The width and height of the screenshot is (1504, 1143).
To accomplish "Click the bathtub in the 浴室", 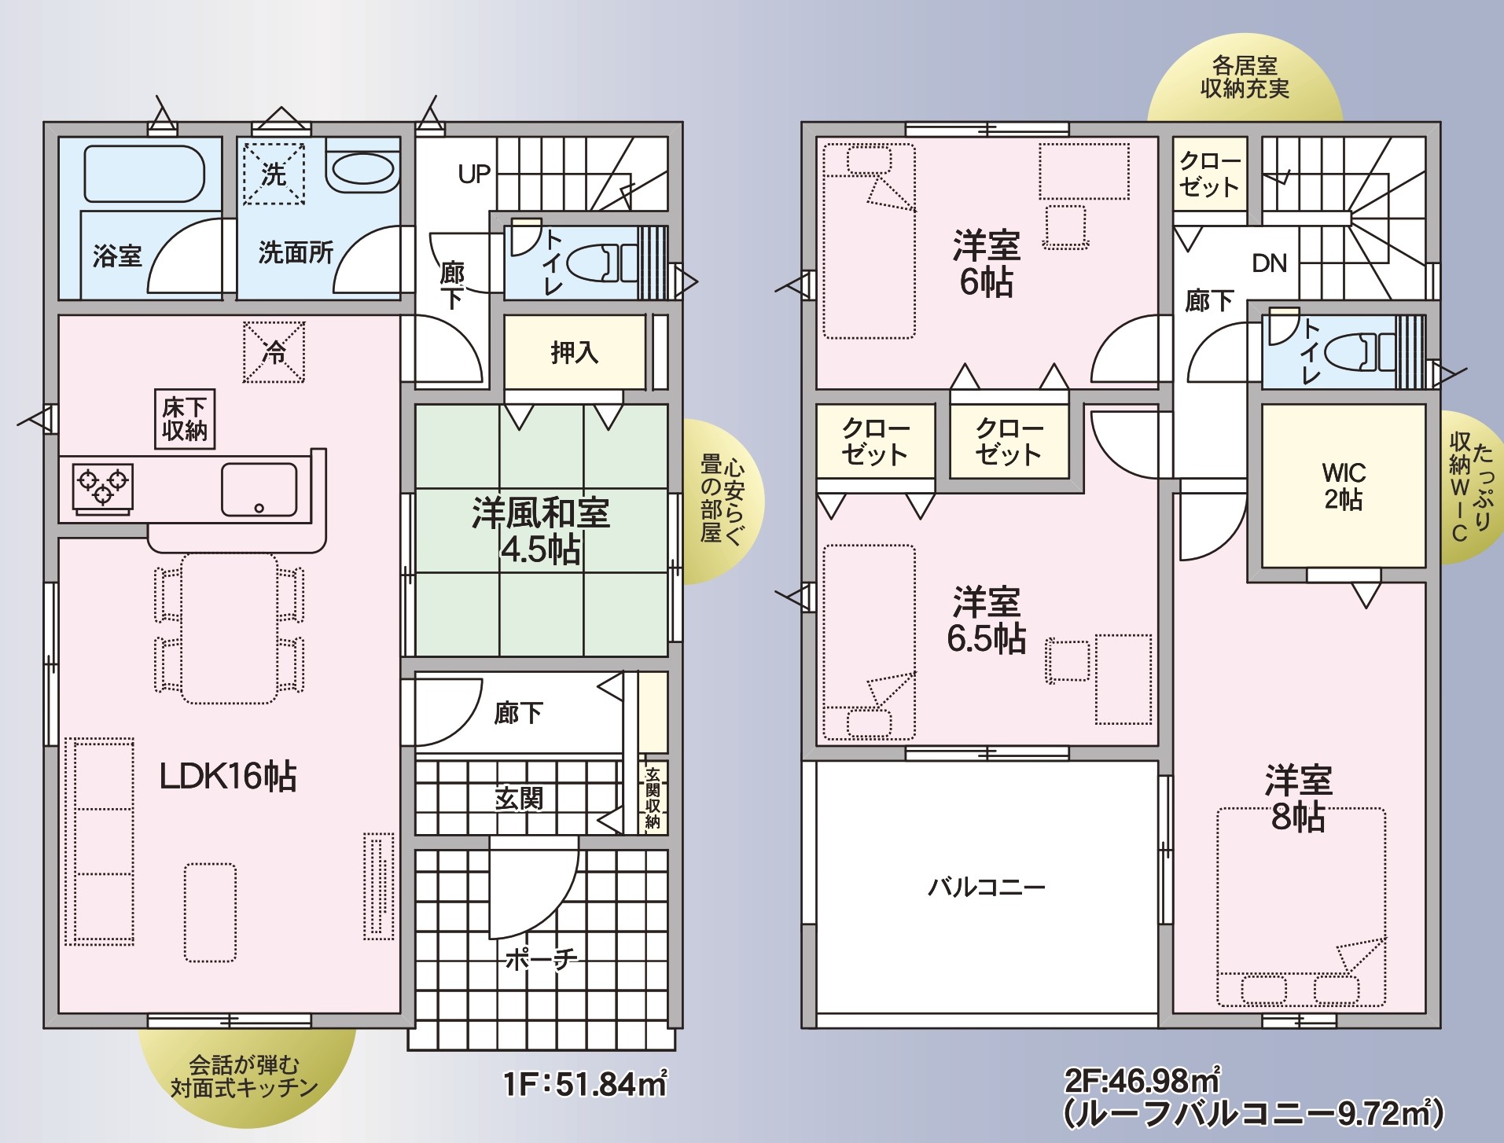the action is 145,174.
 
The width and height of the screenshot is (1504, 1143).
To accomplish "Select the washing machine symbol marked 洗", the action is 274,174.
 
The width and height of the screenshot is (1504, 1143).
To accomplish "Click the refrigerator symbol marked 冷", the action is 274,351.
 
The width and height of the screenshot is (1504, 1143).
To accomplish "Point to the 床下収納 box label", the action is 185,419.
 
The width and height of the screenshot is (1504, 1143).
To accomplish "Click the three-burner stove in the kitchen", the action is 102,487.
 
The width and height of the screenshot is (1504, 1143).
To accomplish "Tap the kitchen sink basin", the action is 259,489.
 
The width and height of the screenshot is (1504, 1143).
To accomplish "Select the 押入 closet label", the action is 575,352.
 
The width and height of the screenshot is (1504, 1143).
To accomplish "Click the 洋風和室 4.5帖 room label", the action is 541,531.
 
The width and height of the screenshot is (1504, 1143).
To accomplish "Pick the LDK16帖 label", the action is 228,777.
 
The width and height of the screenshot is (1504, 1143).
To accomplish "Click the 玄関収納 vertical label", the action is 653,798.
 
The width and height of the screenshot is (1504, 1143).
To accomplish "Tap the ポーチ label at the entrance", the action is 541,959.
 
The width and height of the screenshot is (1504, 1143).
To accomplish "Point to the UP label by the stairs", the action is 474,174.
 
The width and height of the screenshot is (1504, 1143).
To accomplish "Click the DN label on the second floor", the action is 1270,263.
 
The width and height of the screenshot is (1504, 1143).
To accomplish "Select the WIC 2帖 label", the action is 1344,486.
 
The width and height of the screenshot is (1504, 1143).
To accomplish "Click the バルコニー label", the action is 987,888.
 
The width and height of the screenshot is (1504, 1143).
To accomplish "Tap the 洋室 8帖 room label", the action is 1299,799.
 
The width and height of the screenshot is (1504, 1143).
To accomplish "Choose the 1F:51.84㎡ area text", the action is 586,1083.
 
